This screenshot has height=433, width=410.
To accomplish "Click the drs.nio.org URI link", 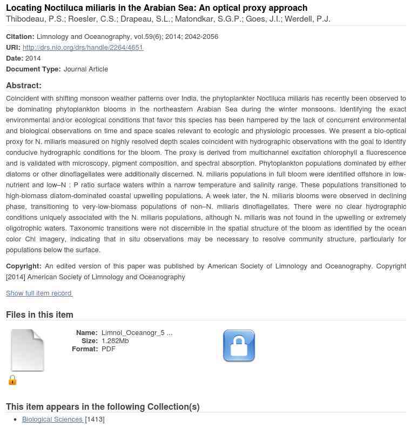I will click(83, 47).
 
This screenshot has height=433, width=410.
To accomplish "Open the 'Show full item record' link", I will click(39, 293).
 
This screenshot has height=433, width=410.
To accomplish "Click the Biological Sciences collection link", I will click(52, 419).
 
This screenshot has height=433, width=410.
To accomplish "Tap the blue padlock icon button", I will click(239, 346).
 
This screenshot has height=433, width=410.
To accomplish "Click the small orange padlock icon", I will click(12, 380).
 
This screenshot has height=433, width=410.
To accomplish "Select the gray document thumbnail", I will click(28, 351).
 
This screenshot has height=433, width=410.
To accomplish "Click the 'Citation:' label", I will click(20, 36).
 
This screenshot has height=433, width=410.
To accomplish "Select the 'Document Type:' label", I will click(33, 69).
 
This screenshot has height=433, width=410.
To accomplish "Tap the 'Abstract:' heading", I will click(24, 86).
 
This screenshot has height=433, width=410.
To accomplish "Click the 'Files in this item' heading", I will click(39, 314).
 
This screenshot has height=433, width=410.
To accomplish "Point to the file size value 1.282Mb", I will click(115, 341).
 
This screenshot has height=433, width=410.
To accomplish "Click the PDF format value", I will click(108, 349).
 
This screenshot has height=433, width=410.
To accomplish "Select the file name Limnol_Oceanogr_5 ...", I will click(137, 333).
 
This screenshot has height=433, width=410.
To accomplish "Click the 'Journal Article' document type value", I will click(85, 69).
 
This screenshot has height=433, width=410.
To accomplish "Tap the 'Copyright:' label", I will click(24, 266).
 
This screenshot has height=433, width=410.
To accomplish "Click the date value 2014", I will click(33, 58).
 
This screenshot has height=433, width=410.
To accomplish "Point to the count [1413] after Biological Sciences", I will click(95, 419).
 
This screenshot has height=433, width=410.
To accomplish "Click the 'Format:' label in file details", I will click(84, 349).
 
